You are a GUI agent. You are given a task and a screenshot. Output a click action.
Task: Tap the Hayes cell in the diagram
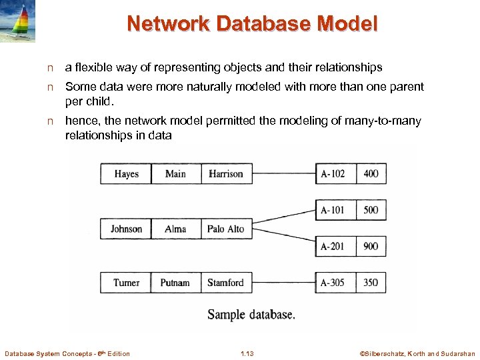pyautogui.click(x=126, y=173)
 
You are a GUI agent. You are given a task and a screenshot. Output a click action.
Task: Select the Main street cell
pyautogui.click(x=175, y=173)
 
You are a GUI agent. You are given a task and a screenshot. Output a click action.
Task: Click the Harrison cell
pyautogui.click(x=226, y=173)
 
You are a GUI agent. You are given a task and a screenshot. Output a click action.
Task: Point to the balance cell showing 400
pyautogui.click(x=371, y=173)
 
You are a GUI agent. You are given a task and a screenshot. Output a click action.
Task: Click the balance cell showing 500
pyautogui.click(x=371, y=210)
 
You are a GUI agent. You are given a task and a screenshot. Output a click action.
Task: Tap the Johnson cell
pyautogui.click(x=126, y=229)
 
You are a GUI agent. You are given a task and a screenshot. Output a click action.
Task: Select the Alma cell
pyautogui.click(x=175, y=229)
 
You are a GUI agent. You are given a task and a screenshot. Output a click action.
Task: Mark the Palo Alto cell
pyautogui.click(x=226, y=229)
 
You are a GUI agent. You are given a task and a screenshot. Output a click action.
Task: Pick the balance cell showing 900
pyautogui.click(x=371, y=246)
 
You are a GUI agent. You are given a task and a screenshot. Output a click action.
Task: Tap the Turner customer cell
pyautogui.click(x=126, y=283)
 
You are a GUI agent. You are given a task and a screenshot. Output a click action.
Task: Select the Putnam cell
pyautogui.click(x=175, y=283)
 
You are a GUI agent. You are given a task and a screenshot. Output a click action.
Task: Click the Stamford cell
pyautogui.click(x=226, y=283)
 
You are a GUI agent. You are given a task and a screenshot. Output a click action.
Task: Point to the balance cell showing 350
pyautogui.click(x=371, y=283)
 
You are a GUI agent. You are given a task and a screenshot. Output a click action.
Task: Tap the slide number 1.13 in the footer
pyautogui.click(x=247, y=353)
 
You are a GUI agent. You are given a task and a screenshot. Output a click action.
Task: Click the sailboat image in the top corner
pyautogui.click(x=18, y=21)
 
